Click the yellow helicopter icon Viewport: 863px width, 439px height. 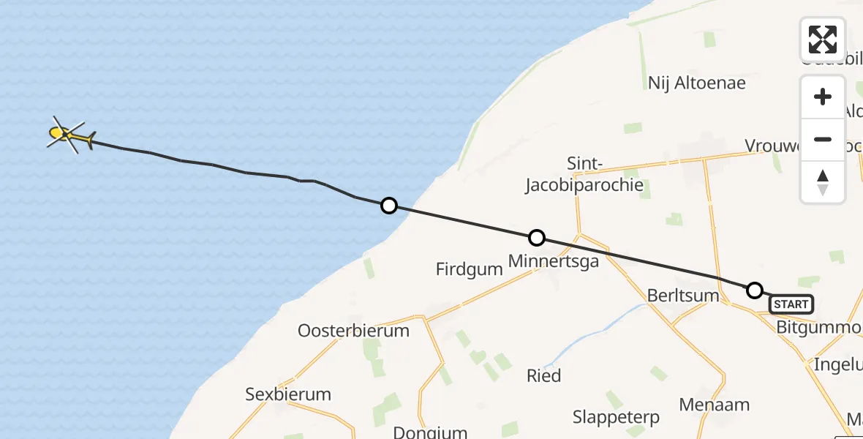pos(67,134)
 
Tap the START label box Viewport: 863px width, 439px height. pos(791,304)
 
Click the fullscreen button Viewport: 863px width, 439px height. pos(823,40)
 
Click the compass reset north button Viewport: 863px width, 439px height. pos(823,182)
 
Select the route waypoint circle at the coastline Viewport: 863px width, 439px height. pos(389,206)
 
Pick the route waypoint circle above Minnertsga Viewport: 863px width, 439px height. pos(537,238)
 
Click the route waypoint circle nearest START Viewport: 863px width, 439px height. pos(755,290)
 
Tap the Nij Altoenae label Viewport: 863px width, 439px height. pos(696,83)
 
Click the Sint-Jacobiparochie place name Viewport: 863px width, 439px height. pos(584,174)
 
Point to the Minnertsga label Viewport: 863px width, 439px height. pos(554,260)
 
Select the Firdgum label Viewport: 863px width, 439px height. pos(470,269)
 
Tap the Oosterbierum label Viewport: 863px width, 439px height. pos(353,331)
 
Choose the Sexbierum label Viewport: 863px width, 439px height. pos(288,394)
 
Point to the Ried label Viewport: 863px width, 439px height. pos(544,376)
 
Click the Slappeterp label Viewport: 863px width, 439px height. pos(616,418)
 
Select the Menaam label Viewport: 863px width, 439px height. pos(715,405)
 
